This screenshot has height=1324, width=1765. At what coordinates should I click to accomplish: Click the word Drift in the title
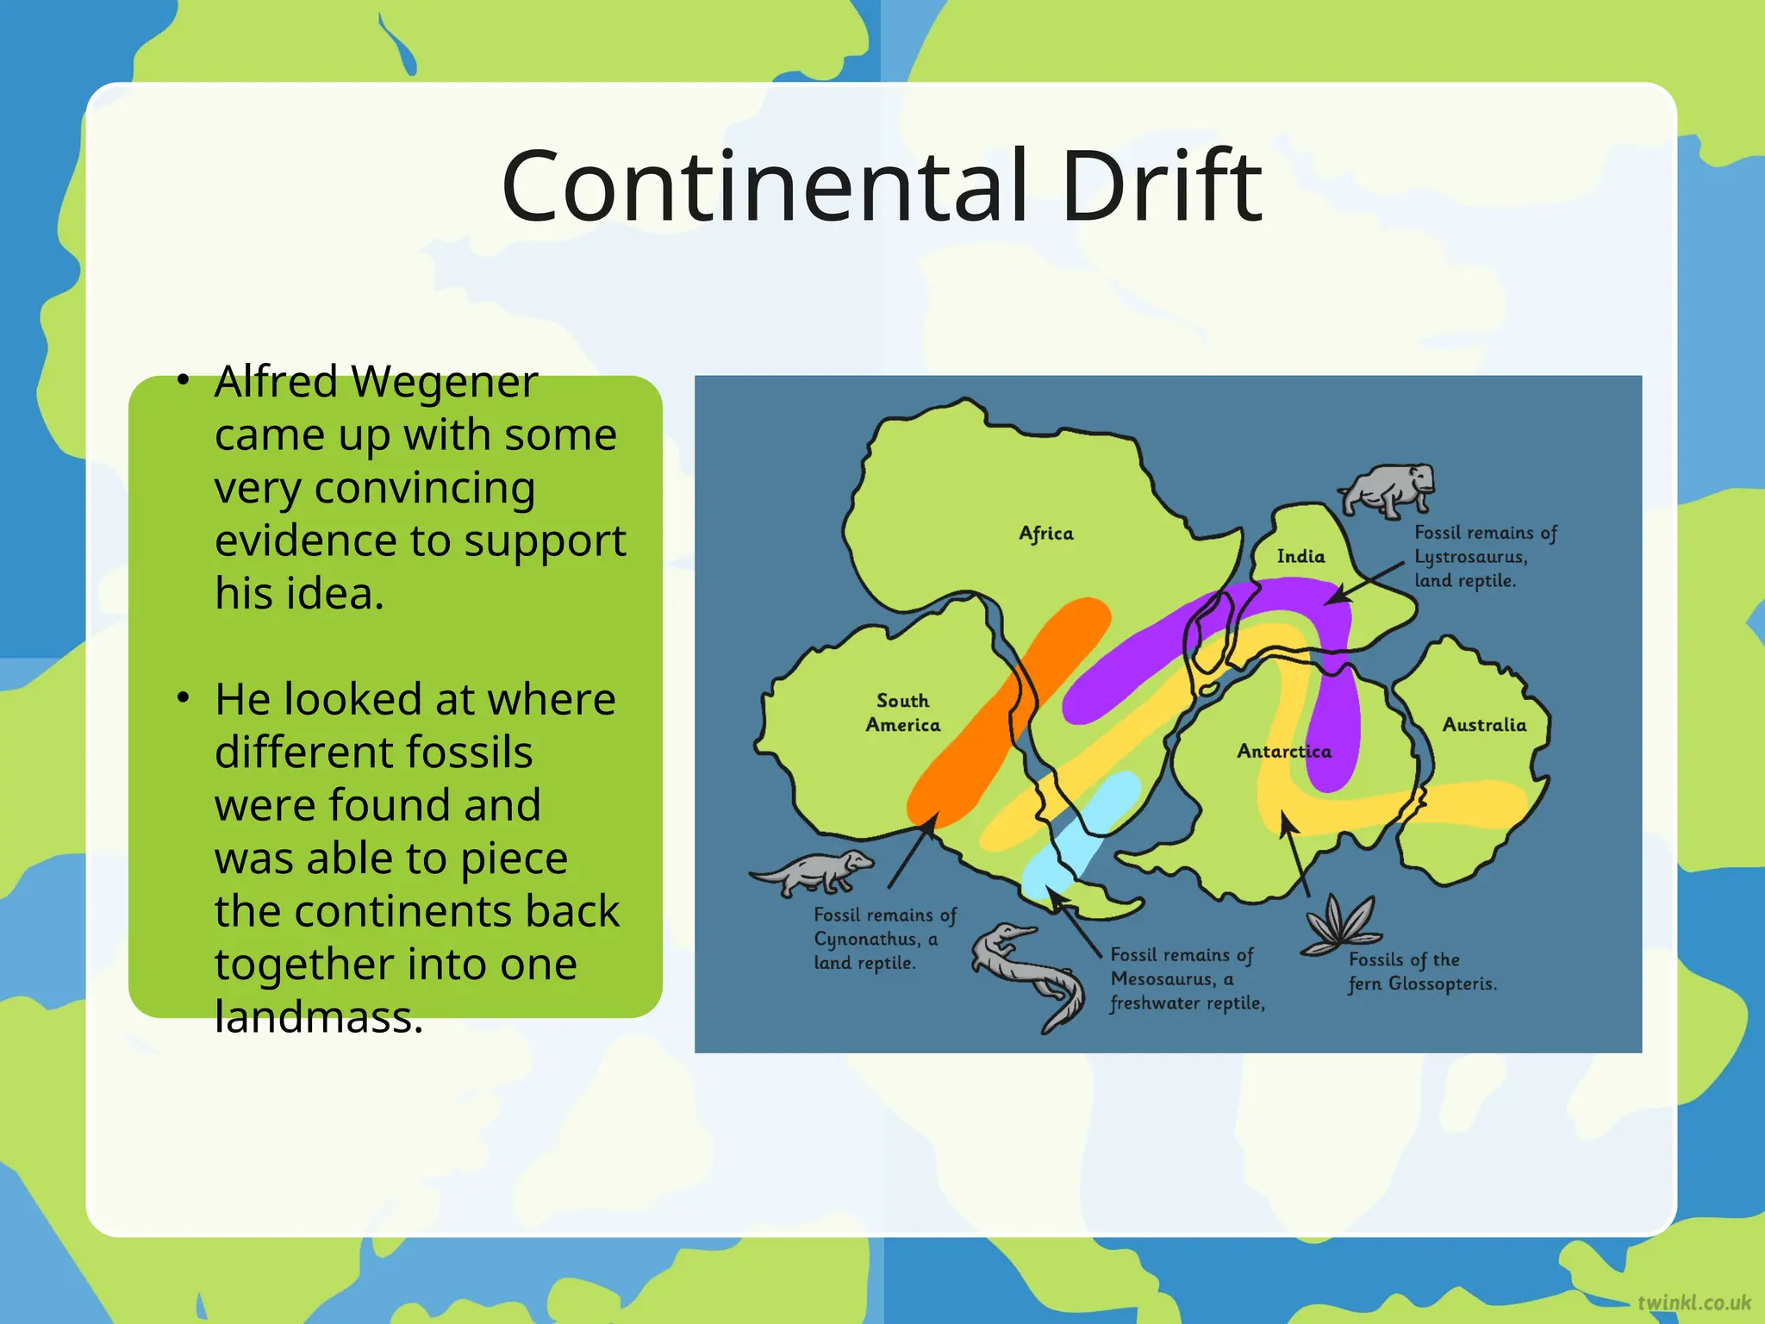coord(1161,185)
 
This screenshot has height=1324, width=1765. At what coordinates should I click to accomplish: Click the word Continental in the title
coord(764,185)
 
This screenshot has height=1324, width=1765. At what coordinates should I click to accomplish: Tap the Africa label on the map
coord(1046,534)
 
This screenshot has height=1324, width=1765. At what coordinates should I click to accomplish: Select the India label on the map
coord(1300,557)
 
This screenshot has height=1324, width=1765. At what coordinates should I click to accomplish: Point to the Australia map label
coord(1484,725)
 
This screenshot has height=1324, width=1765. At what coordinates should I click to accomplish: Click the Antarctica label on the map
coord(1284,751)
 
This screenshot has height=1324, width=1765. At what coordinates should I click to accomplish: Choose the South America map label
coord(902,713)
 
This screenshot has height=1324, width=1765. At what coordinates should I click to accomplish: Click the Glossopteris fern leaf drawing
coord(1340,925)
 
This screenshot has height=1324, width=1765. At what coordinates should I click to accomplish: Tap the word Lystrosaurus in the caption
coord(1470,557)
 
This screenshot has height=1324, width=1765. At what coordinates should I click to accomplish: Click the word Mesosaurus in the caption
coord(1163,979)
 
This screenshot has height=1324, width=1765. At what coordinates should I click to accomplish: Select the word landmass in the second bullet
coord(319,1017)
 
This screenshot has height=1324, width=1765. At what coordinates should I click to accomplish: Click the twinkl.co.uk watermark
coord(1693,1302)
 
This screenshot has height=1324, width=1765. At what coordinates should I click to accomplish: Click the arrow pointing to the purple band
coord(1366,582)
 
